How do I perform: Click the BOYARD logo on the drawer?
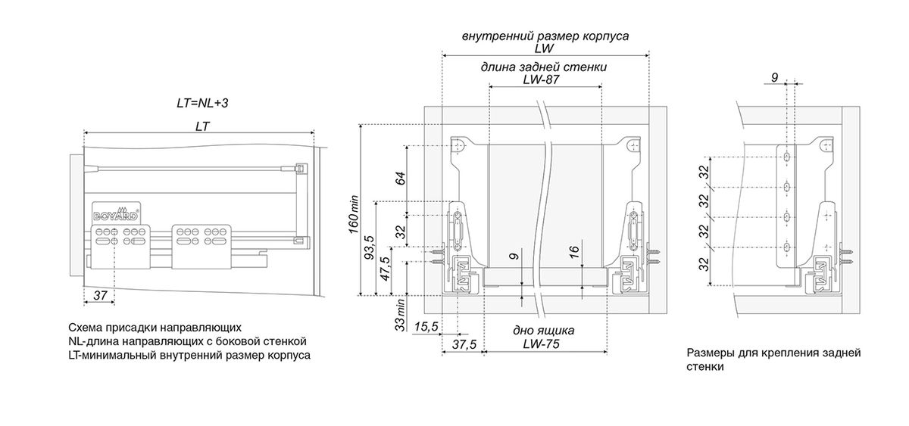tap(115, 212)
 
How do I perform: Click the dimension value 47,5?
tap(385, 269)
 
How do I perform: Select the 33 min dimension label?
tap(401, 311)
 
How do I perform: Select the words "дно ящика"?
tap(542, 331)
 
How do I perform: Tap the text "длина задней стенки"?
tap(543, 67)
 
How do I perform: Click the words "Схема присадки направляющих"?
tap(155, 328)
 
